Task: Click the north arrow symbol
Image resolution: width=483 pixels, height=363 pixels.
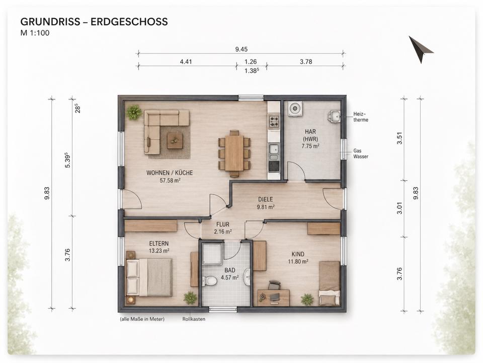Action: pyautogui.click(x=420, y=49)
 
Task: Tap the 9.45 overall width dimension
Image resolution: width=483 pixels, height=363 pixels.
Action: pyautogui.click(x=241, y=49)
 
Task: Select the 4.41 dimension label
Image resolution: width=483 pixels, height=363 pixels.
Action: pyautogui.click(x=186, y=62)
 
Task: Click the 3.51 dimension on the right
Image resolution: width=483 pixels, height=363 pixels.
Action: pyautogui.click(x=399, y=138)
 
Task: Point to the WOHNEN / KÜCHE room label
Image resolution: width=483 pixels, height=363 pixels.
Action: pyautogui.click(x=170, y=173)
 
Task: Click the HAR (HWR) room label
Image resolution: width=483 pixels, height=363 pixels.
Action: pyautogui.click(x=310, y=135)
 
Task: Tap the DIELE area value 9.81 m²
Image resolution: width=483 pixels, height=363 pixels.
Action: pyautogui.click(x=266, y=207)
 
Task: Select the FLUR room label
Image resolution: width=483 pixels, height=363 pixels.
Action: pyautogui.click(x=223, y=224)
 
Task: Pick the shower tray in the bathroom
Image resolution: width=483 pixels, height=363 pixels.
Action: pyautogui.click(x=212, y=254)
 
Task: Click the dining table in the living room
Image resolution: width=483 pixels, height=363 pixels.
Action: pyautogui.click(x=234, y=153)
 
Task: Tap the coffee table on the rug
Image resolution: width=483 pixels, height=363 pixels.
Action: pyautogui.click(x=175, y=141)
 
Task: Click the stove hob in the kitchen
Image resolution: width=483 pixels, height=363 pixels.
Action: pyautogui.click(x=274, y=121)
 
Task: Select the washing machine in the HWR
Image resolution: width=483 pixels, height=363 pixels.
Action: pyautogui.click(x=295, y=109)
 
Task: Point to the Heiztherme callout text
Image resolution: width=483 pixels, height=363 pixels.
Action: pyautogui.click(x=361, y=117)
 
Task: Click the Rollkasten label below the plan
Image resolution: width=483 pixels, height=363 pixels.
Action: pyautogui.click(x=194, y=319)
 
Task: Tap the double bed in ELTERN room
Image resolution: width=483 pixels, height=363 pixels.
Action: pyautogui.click(x=149, y=277)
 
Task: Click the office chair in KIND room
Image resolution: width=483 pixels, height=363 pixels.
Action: pyautogui.click(x=274, y=285)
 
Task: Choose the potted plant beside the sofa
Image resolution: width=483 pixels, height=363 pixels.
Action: pyautogui.click(x=134, y=112)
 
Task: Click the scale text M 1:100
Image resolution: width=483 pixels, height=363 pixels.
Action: pyautogui.click(x=35, y=33)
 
